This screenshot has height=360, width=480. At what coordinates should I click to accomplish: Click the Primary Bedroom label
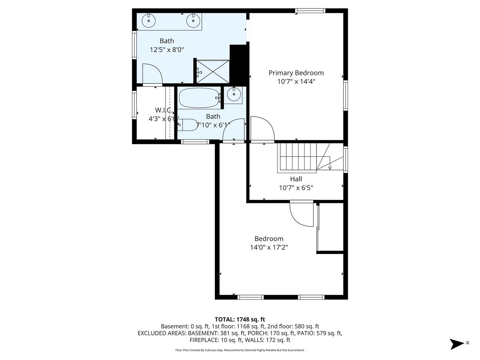[x=296, y=73]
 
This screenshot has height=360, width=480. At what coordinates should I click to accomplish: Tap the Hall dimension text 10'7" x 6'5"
[x=296, y=188]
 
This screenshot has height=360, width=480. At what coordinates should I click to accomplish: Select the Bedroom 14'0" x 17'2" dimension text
[x=269, y=247]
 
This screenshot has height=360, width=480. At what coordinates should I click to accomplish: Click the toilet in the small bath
[x=188, y=125]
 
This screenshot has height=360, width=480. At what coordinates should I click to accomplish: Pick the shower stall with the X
[x=213, y=72]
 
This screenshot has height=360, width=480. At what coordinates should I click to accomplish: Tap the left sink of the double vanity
[x=149, y=21]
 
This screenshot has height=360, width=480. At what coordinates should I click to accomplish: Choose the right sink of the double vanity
[x=193, y=21]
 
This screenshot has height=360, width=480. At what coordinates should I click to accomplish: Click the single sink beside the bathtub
[x=234, y=94]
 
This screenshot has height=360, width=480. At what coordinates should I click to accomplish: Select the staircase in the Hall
[x=310, y=158]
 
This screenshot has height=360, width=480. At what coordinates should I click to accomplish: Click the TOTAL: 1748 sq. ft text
[x=240, y=319]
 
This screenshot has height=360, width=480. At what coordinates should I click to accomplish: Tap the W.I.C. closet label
[x=163, y=110]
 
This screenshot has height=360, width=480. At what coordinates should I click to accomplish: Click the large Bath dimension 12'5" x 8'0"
[x=167, y=50]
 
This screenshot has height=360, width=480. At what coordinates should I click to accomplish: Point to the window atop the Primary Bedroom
[x=310, y=11]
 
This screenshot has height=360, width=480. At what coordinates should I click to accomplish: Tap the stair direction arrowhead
[x=330, y=168]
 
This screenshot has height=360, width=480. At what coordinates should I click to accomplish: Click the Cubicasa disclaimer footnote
[x=240, y=350]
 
